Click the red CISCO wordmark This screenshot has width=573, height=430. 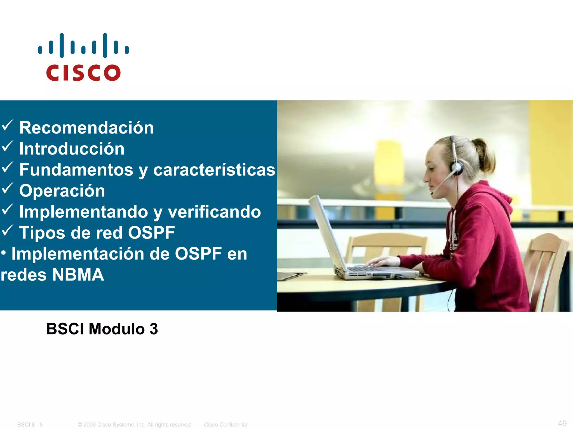83,73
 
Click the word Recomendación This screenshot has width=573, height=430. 86,128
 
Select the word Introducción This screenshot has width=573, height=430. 72,149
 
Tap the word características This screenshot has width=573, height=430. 214,170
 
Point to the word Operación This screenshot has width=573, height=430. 62,191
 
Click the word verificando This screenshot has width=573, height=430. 214,212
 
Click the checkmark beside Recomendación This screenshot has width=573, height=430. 7,125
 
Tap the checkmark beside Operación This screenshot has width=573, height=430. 7,188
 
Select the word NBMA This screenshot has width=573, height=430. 78,275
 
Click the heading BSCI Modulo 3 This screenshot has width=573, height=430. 102,329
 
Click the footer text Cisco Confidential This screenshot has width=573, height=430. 226,424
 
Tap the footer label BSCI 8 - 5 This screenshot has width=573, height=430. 30,424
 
